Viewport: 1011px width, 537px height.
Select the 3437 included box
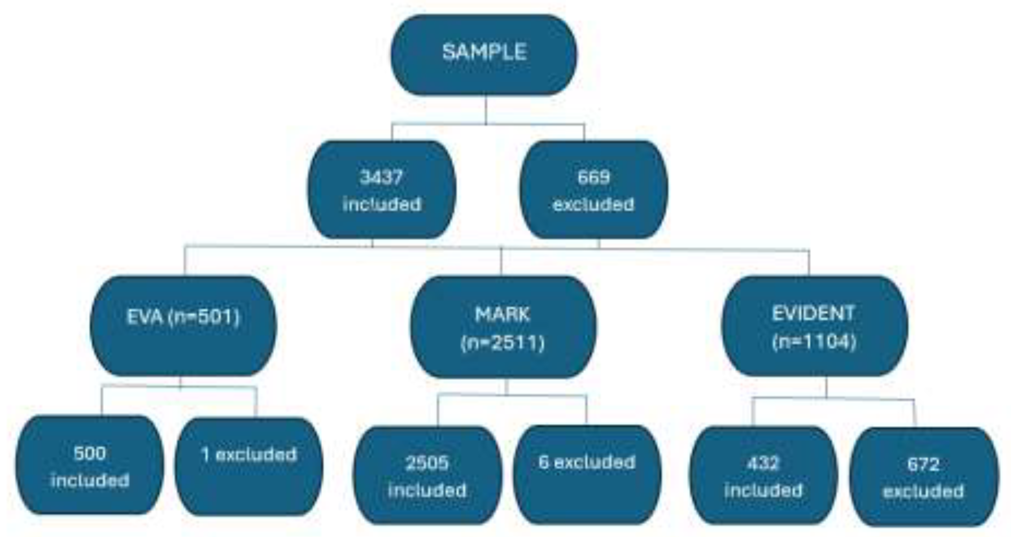coord(381,190)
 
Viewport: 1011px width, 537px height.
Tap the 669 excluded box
coord(593,190)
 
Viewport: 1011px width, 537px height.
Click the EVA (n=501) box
coord(183,326)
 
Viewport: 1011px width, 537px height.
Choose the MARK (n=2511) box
coord(503,327)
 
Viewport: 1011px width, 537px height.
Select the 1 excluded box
coord(248,466)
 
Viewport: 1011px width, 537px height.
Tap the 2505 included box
coord(427,475)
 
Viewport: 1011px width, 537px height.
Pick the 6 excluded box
coord(586,474)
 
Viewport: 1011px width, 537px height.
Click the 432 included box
coord(763,475)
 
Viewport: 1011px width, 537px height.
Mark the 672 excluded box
coord(923,477)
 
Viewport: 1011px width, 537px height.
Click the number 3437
coord(381,177)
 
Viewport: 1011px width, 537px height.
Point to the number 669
coord(593,177)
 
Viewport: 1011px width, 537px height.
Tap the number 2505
coord(427,463)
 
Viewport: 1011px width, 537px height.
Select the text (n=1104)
coord(814,341)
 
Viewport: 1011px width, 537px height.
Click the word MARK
coord(503,314)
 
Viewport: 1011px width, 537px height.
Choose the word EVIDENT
coord(813,313)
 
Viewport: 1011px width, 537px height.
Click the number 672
coord(923,465)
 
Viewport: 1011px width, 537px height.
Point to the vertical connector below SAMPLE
coord(486,110)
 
